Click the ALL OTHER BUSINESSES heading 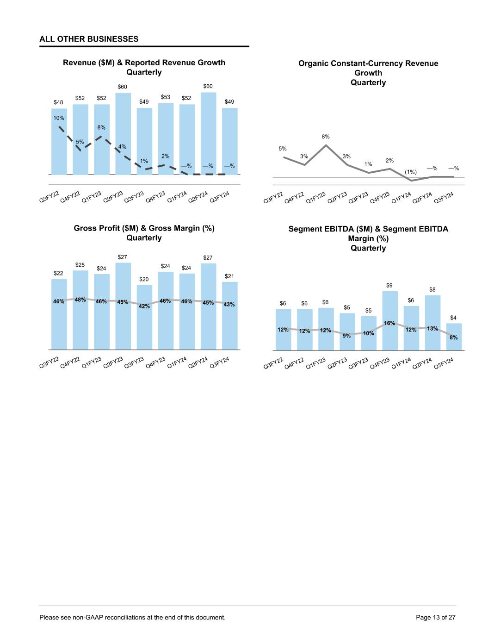[x=89, y=39]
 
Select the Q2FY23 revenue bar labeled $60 [x=123, y=134]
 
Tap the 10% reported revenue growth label [x=58, y=118]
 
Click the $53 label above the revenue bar [x=166, y=97]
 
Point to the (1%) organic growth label [x=411, y=172]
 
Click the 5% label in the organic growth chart [x=283, y=149]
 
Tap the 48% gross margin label [x=80, y=300]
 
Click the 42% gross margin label [x=144, y=306]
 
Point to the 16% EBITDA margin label [x=389, y=323]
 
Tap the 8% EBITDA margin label [x=454, y=338]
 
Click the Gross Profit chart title [x=144, y=233]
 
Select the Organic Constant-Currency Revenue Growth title [x=368, y=73]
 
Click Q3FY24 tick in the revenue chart [x=220, y=197]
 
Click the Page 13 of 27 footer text [x=436, y=617]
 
